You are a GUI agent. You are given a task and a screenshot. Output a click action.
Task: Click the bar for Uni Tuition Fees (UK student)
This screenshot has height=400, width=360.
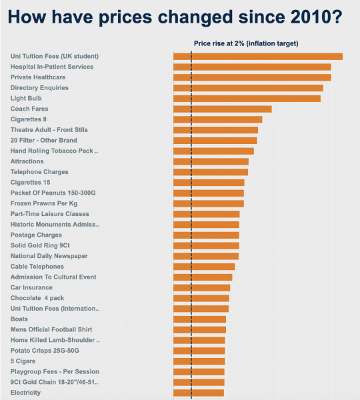tap(257, 57)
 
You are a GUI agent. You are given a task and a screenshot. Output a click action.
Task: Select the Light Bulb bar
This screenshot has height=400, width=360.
tap(247, 99)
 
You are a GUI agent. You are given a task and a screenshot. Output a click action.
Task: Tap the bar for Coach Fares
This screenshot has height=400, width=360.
tap(222, 109)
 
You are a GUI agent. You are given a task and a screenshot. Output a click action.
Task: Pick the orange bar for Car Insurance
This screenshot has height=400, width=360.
tap(201, 287)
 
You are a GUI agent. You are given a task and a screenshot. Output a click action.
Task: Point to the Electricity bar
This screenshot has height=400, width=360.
tap(198, 393)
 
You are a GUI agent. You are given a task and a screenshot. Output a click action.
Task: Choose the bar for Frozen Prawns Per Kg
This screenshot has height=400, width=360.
tap(208, 203)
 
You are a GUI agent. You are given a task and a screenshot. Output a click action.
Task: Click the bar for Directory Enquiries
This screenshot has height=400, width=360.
tap(248, 88)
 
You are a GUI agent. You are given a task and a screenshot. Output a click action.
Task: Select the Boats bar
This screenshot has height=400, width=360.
tap(199, 319)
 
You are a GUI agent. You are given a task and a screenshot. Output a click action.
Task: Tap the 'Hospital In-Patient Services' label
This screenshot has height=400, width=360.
tap(52, 67)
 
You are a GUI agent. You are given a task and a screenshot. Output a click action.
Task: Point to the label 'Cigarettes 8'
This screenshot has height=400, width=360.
tap(29, 119)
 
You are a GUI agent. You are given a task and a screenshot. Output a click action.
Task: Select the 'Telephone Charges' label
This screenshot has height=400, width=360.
tap(39, 172)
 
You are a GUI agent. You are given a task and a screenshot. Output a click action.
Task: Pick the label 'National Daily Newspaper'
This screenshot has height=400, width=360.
tap(49, 256)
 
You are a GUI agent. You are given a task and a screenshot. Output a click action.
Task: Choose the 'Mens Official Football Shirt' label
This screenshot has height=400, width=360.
tap(51, 329)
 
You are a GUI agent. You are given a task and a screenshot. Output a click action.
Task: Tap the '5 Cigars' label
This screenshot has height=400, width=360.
tap(24, 361)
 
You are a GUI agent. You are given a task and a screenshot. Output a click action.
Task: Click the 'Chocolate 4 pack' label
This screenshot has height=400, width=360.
tap(38, 298)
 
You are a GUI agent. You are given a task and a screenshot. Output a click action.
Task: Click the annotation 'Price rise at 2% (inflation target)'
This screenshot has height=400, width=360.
tap(245, 43)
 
